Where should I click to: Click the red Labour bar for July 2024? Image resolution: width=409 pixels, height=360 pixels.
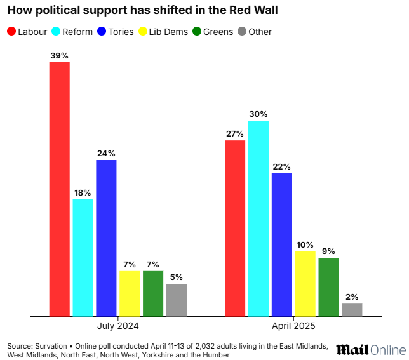(x=60, y=189)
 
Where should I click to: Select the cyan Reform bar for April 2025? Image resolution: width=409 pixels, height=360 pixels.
(x=258, y=218)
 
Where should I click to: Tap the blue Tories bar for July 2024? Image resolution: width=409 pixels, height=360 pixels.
(x=107, y=237)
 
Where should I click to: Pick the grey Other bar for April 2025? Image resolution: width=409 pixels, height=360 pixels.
(x=352, y=309)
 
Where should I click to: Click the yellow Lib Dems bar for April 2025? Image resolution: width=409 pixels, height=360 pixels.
(x=305, y=283)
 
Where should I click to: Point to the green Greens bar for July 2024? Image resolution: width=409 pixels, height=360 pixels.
(x=153, y=293)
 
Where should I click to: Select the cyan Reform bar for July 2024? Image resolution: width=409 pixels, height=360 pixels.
(x=83, y=257)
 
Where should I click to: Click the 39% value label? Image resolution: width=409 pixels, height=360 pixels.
(x=60, y=55)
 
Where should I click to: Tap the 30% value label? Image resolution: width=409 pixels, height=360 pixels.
(x=258, y=114)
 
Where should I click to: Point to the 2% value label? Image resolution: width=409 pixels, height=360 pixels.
(x=352, y=297)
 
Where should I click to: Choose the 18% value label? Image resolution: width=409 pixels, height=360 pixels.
(x=83, y=192)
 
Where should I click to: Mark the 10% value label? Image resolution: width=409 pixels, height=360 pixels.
(x=305, y=244)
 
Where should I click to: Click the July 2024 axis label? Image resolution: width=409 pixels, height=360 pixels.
(x=118, y=325)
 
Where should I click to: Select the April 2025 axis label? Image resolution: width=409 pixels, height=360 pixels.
(x=293, y=325)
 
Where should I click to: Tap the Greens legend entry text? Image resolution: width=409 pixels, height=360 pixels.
(x=218, y=32)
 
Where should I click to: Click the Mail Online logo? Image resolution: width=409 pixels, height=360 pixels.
(x=370, y=350)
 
